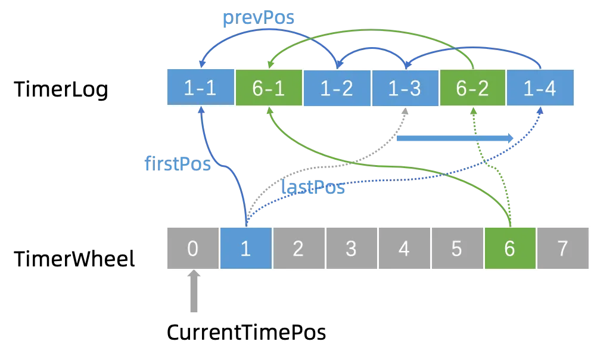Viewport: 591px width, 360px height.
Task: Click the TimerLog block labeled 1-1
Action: (201, 87)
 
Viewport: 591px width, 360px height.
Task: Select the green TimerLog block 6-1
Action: (269, 88)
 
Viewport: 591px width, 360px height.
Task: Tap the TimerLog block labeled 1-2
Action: (337, 88)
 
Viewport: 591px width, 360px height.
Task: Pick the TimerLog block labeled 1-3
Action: (405, 88)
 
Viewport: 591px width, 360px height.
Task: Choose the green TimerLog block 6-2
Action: (472, 88)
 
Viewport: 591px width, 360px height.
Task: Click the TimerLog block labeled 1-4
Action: (540, 88)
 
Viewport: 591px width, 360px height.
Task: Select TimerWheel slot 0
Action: (193, 248)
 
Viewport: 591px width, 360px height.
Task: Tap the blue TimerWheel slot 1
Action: (245, 248)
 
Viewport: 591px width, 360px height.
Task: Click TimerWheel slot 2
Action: (299, 248)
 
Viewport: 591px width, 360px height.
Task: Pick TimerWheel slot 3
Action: (352, 248)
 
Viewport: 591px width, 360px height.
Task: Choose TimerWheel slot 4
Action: (405, 248)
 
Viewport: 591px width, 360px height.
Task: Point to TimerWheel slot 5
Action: (457, 248)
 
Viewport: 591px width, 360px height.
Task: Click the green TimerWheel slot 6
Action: (510, 248)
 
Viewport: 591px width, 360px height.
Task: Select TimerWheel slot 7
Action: (563, 248)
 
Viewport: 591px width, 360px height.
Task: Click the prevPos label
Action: (259, 18)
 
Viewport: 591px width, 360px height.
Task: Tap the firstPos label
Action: (178, 164)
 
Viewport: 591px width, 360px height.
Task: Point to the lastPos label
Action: (313, 187)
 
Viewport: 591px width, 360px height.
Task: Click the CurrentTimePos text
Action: (247, 332)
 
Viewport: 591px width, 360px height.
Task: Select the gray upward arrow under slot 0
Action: (194, 291)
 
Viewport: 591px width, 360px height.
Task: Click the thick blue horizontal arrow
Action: (455, 138)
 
